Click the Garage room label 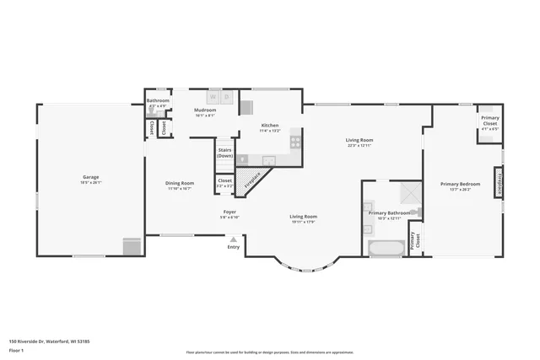pos(90,177)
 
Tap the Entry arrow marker pos(233,239)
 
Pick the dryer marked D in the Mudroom pos(226,94)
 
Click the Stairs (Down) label pos(224,153)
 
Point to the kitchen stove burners pos(295,141)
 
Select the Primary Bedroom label pos(460,184)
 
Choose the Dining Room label pos(180,183)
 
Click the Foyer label pos(229,211)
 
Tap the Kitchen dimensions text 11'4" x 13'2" pos(269,132)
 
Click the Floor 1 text pos(15,349)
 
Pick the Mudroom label pos(205,110)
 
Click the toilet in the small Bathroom pos(152,110)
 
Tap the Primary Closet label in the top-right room pos(489,121)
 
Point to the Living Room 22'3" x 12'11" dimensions pos(359,146)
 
